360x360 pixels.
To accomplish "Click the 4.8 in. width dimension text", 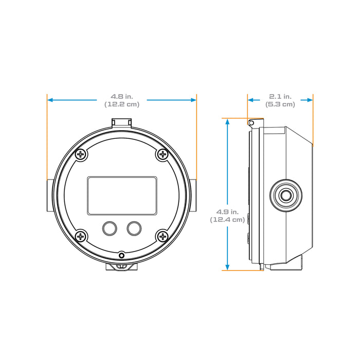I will (x=122, y=96).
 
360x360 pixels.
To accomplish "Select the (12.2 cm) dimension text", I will (x=122, y=104).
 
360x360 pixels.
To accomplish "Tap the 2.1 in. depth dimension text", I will (x=280, y=96).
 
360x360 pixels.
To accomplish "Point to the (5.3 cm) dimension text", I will (x=280, y=104).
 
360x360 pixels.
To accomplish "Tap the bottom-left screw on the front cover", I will (x=81, y=236).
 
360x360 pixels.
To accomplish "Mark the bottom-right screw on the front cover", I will (x=163, y=236).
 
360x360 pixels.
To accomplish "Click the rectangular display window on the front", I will (x=122, y=195).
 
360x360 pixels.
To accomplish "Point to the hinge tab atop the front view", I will (x=122, y=122).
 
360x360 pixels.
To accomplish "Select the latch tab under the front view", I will (x=122, y=267).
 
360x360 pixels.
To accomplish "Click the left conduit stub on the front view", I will (x=48, y=196).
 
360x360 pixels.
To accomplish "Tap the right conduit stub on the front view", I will (x=195, y=196).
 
